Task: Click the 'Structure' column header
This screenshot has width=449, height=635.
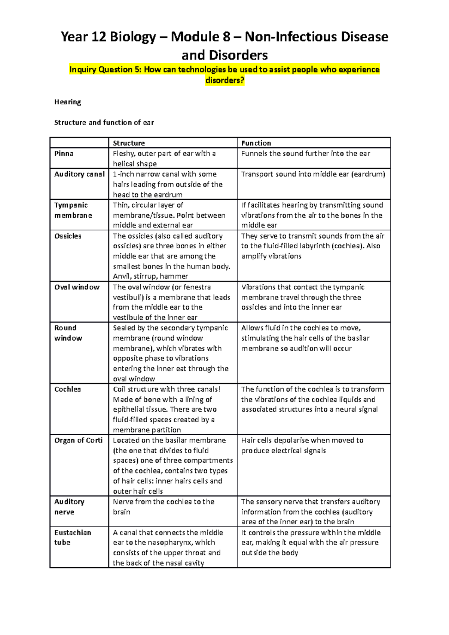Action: point(129,143)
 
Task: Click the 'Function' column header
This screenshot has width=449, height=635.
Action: point(256,143)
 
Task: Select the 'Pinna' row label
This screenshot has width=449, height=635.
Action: point(64,153)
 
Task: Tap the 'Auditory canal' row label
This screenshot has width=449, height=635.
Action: point(79,174)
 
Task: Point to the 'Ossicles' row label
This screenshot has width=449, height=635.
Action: point(68,236)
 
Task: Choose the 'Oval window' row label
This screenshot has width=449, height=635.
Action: point(77,287)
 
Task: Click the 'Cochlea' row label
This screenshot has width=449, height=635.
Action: point(67,389)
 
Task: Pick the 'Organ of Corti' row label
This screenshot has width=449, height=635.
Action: point(78,440)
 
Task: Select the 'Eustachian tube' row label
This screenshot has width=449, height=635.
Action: point(72,537)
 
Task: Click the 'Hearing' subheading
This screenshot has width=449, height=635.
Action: point(67,102)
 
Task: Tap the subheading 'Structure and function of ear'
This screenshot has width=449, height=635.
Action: point(104,122)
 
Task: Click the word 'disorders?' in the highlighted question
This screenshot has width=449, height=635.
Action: point(224,80)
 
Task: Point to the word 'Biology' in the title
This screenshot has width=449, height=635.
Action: point(135,37)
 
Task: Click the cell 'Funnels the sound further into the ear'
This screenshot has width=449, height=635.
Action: point(305,153)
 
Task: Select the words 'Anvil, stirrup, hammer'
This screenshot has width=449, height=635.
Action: point(150,276)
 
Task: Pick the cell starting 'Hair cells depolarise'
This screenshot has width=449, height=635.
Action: point(302,445)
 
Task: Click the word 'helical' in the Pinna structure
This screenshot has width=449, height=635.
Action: point(122,164)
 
